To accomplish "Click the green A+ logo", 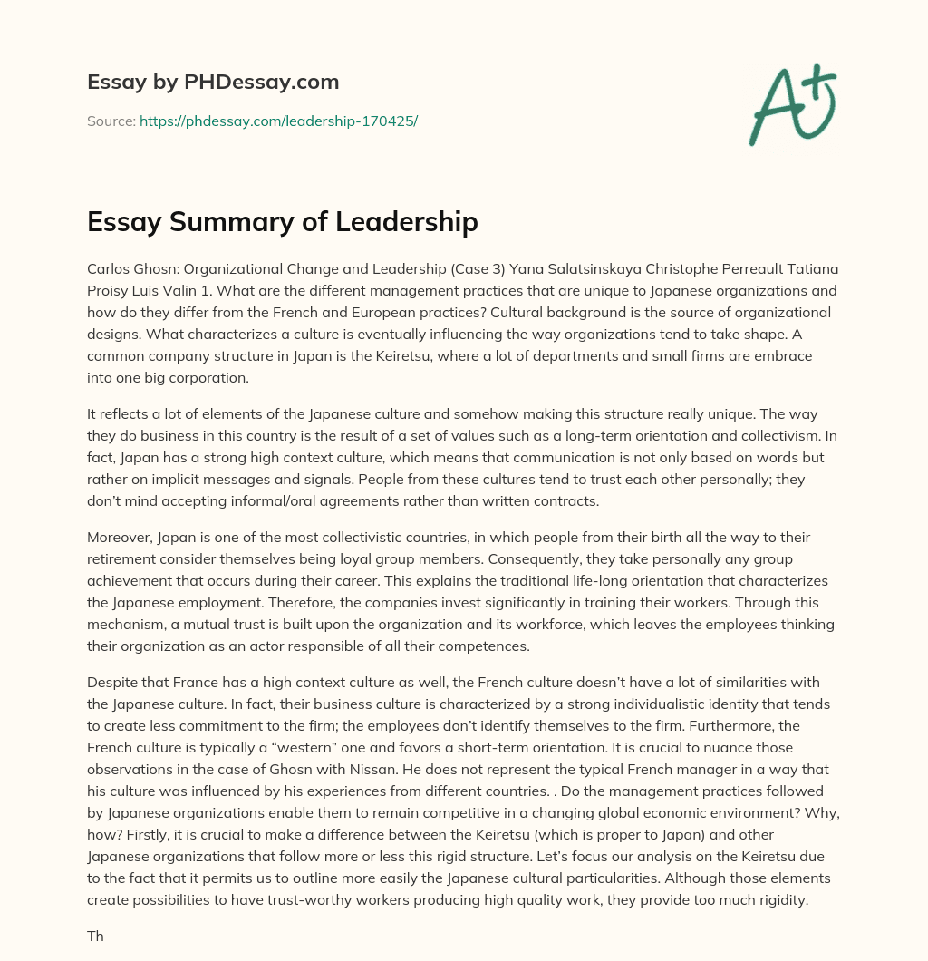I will [792, 105].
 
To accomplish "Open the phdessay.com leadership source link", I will [278, 121].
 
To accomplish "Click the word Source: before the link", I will [111, 121].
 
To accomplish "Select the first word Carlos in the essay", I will [108, 269].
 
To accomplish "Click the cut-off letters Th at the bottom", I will [96, 936].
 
